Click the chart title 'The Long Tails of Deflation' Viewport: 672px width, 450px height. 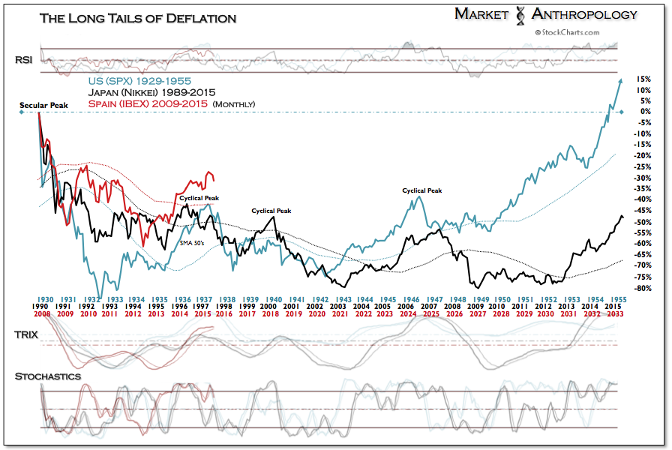(x=137, y=17)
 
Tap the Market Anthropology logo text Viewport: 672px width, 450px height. (x=546, y=14)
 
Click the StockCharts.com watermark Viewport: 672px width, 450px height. (x=566, y=32)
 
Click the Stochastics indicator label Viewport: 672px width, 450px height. (x=48, y=376)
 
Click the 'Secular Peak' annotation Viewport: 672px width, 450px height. (x=43, y=106)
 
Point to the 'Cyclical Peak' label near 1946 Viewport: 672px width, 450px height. (x=421, y=190)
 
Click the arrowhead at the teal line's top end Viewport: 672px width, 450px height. (x=619, y=80)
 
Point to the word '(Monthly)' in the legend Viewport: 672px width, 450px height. (x=234, y=104)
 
